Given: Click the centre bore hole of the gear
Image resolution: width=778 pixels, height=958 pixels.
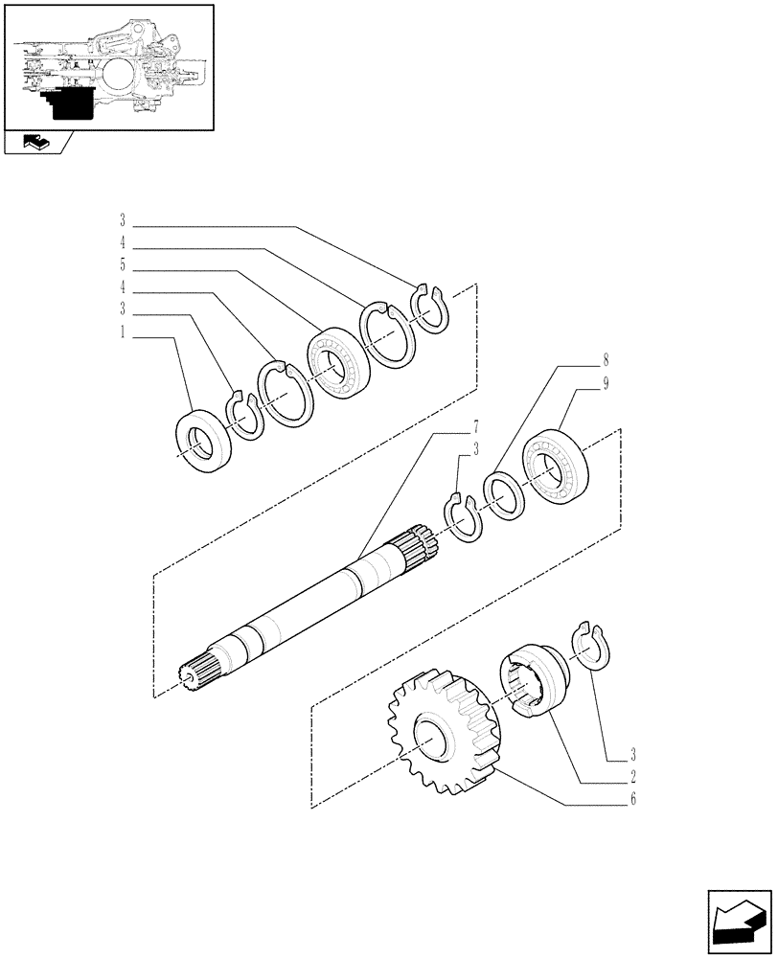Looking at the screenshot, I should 430,744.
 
